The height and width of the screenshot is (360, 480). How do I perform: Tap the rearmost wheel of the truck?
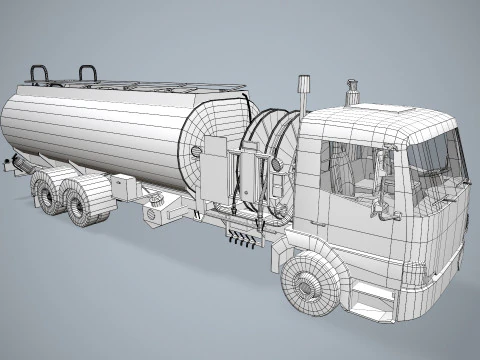coord(47,190)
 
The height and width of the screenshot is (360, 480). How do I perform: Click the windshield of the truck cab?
coord(438,158)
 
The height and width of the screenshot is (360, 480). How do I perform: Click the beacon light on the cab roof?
coord(351,92)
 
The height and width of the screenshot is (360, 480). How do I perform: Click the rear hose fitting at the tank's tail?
coord(9,167)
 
